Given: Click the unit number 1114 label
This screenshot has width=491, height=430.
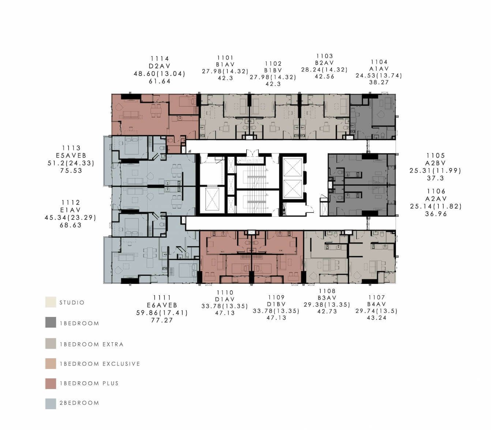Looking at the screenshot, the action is coord(160,59).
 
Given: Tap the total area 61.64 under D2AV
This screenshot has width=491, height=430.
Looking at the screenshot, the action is coord(160,81).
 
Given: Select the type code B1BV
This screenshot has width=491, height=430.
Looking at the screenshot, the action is coord(273,70).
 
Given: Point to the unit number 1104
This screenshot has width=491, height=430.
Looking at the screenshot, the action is coord(379,62).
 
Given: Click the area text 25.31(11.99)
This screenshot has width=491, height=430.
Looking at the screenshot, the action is coord(435,171).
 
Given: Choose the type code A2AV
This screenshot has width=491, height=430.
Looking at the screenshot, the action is coord(436,199).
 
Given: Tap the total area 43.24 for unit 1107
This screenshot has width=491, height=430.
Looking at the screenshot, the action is coord(376,318).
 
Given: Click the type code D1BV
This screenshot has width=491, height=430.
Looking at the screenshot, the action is coord(276,304).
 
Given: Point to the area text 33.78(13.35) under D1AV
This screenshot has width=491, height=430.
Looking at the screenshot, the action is coord(225,306).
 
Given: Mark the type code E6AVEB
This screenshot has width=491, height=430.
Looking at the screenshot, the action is coord(162,305).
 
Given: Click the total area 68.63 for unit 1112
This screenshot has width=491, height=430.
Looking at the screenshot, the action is coord(71,225).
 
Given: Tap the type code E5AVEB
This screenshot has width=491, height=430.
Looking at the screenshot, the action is coord(71,155).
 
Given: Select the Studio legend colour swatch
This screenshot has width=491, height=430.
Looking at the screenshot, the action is coord(50,302).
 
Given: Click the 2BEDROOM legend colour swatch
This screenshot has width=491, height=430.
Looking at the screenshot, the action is coord(50,404).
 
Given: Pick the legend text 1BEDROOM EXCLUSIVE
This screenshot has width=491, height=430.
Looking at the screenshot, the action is coord(100,364).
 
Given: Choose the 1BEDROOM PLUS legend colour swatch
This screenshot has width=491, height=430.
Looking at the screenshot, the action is coord(50,383).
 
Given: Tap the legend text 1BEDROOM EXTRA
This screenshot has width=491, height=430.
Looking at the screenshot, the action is coord(92,344).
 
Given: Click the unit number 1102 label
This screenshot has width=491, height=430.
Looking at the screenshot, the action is coord(273,64).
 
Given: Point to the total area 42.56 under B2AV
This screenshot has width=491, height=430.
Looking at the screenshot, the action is coord(325,77).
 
